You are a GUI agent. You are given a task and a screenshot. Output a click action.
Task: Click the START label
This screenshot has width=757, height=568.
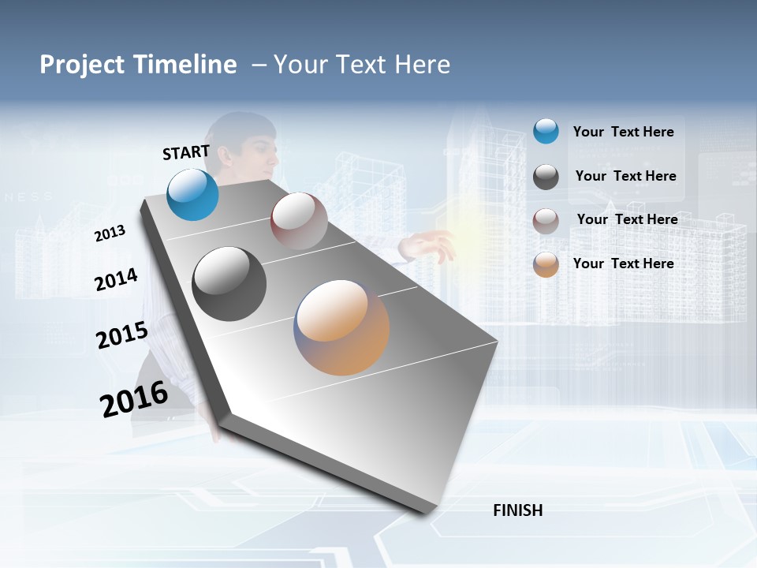tap(186, 152)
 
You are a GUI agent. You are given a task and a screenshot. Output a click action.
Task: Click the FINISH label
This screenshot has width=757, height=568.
tap(518, 510)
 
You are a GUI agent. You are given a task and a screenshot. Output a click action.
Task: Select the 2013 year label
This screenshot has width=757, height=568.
tap(110, 234)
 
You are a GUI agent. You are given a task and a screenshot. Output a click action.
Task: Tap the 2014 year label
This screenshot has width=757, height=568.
tap(117, 280)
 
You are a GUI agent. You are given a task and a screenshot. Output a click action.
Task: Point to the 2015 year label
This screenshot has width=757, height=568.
tap(122, 335)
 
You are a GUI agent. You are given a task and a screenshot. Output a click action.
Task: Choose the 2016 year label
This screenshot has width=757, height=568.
tap(134, 398)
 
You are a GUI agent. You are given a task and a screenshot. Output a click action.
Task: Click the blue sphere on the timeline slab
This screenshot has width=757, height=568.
tap(193, 194)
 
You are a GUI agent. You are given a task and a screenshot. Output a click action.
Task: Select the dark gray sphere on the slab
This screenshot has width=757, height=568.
tap(229, 284)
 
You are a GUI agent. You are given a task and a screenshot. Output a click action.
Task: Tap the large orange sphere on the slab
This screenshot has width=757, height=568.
tap(341, 327)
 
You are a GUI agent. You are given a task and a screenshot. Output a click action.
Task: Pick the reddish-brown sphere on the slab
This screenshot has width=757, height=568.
tap(299, 221)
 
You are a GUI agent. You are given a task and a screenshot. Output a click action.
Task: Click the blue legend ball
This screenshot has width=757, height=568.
tap(546, 132)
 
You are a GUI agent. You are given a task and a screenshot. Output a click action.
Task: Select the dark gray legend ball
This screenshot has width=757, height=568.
tap(546, 177)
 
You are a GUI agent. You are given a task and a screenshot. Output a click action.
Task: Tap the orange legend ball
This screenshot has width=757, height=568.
tap(546, 264)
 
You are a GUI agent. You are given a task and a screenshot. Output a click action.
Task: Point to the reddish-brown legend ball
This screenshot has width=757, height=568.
tap(546, 220)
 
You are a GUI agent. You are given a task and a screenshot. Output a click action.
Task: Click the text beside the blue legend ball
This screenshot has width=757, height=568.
tap(623, 132)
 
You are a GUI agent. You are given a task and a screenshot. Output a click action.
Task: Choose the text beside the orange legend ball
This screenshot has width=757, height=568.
tap(623, 263)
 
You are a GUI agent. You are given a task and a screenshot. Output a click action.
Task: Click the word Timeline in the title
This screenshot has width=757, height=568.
tap(185, 65)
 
